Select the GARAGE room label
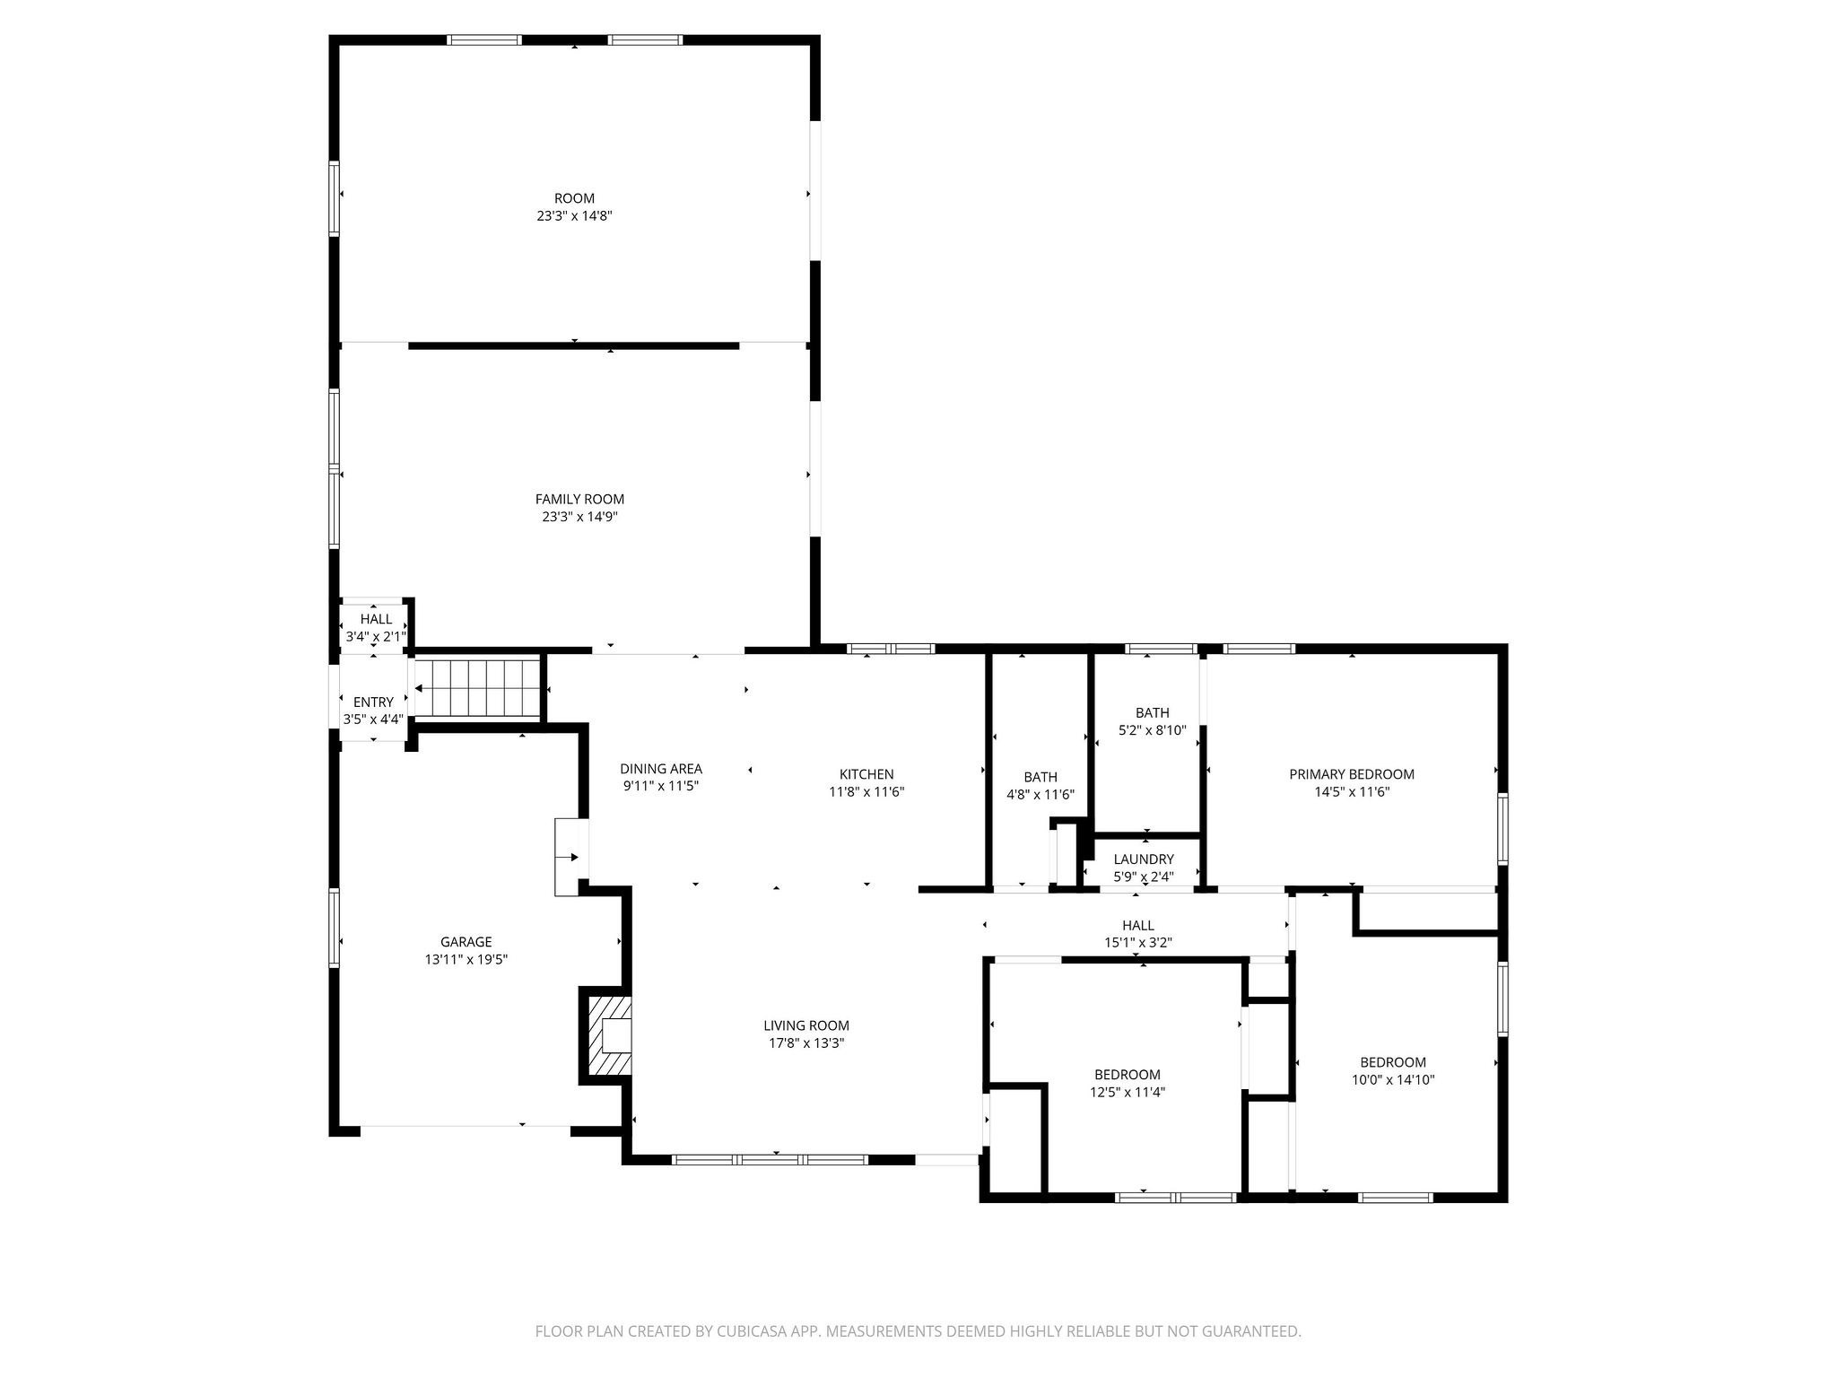pyautogui.click(x=466, y=942)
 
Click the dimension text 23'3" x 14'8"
pyautogui.click(x=574, y=216)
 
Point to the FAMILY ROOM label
pyautogui.click(x=579, y=499)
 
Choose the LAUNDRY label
pyautogui.click(x=1143, y=859)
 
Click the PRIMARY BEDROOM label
pyautogui.click(x=1351, y=774)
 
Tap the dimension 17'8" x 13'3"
pyautogui.click(x=805, y=1043)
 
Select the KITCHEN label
pyautogui.click(x=866, y=774)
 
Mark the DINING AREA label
pyautogui.click(x=660, y=769)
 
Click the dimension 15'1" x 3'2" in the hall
pyautogui.click(x=1137, y=943)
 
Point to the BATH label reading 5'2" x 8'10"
pyautogui.click(x=1152, y=713)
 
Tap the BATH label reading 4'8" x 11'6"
pyautogui.click(x=1040, y=777)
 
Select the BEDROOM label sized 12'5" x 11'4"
pyautogui.click(x=1127, y=1075)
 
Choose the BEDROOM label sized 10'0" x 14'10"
pyautogui.click(x=1392, y=1062)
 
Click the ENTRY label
pyautogui.click(x=373, y=702)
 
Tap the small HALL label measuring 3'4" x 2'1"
pyautogui.click(x=376, y=619)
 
